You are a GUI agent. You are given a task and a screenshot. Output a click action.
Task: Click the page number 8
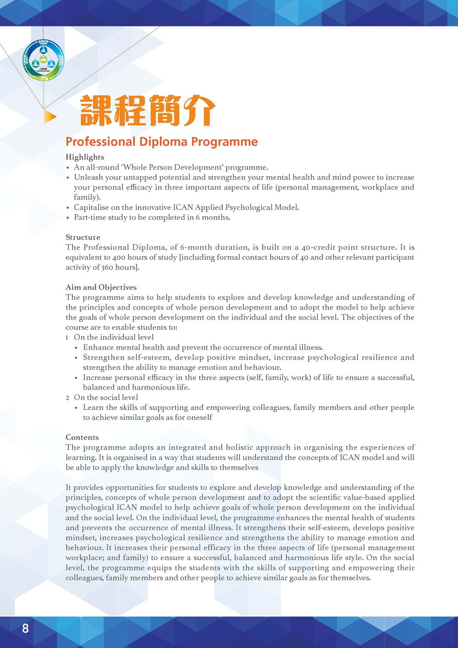click(x=25, y=628)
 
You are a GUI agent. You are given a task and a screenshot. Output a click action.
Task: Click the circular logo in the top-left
click(x=44, y=60)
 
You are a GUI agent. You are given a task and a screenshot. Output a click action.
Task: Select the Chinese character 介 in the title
click(x=199, y=111)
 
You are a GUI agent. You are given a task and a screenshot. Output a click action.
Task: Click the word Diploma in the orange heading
click(x=163, y=142)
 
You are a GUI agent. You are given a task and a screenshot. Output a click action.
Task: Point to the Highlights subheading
click(x=85, y=157)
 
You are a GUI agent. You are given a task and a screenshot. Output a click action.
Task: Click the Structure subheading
click(x=83, y=237)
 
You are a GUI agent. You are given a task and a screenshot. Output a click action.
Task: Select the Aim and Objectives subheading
click(x=101, y=287)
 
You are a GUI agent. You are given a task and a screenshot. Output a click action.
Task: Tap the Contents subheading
click(x=82, y=437)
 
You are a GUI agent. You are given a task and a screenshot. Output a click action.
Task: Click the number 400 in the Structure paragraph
click(x=119, y=257)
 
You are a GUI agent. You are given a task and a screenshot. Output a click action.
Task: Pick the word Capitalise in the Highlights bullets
click(x=91, y=207)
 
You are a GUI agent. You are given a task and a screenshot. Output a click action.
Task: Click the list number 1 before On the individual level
click(x=67, y=338)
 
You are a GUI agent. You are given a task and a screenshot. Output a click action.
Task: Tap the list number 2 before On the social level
click(x=67, y=398)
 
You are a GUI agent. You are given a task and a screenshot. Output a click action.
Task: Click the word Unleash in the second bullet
click(x=88, y=177)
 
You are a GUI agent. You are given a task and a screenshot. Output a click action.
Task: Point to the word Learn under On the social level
click(x=93, y=408)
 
